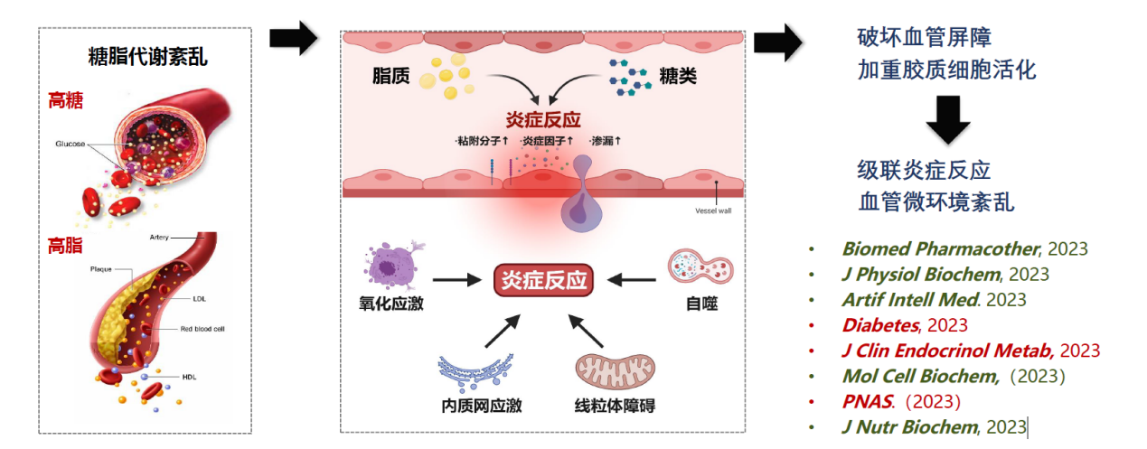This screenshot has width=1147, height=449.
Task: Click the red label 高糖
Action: [x=65, y=100]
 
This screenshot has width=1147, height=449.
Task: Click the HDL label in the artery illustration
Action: [x=190, y=377]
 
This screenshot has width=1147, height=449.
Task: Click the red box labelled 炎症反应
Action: [x=543, y=280]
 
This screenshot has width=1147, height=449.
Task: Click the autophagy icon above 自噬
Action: [x=700, y=267]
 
